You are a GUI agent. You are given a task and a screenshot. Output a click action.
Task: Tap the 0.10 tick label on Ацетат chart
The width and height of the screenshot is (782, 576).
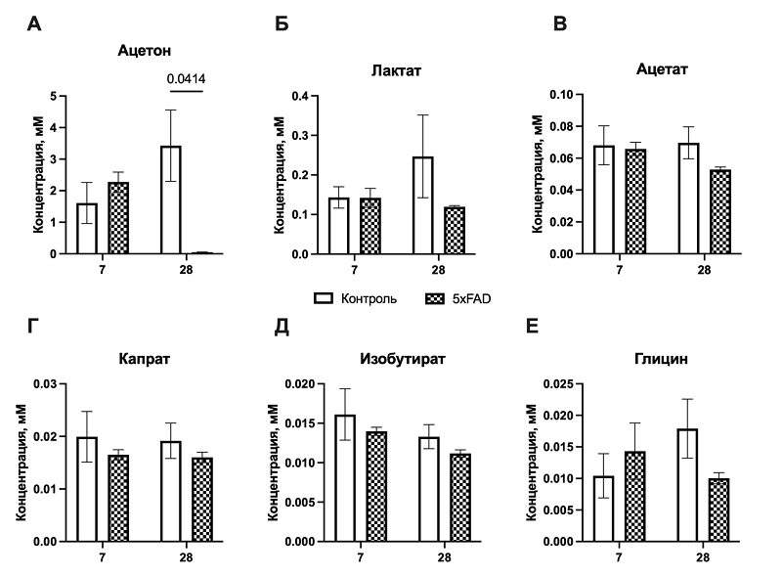click(556, 97)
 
